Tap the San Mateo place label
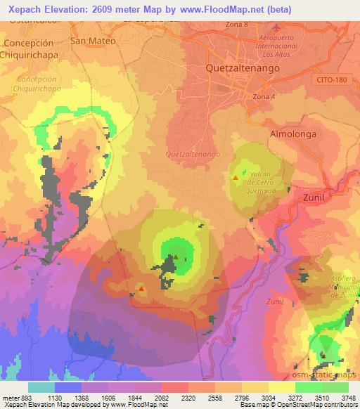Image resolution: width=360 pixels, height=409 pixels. tap(93, 41)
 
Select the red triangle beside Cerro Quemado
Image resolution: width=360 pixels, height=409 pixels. tap(236, 178)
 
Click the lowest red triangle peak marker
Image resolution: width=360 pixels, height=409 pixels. tap(141, 288)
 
